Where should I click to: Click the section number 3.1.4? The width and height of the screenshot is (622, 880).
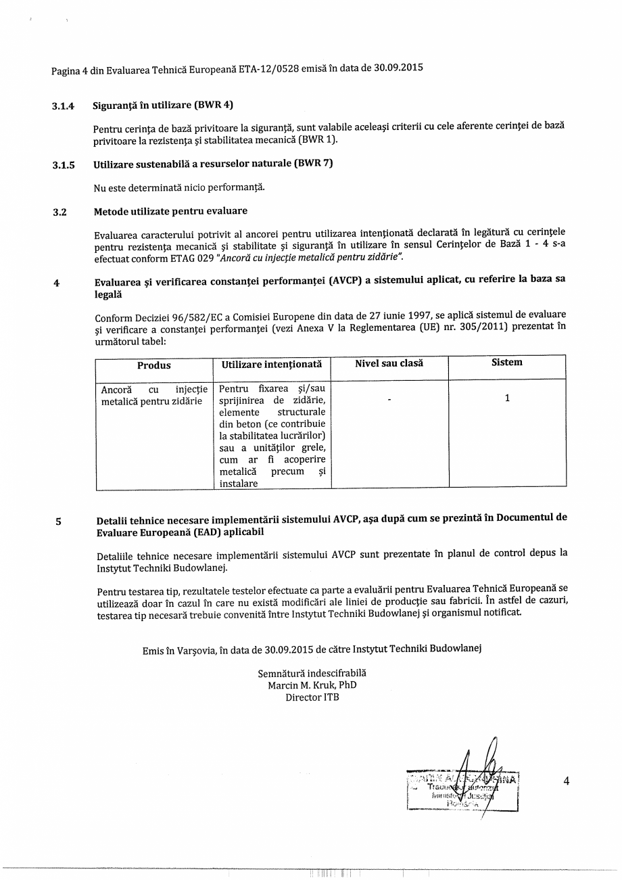pos(64,106)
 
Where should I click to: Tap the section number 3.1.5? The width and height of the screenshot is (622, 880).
pos(64,164)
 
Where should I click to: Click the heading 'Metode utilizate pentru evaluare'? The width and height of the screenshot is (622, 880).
pos(170,212)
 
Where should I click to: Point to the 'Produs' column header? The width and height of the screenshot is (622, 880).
pos(154,365)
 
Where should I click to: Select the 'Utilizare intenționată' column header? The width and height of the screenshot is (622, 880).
pos(271,365)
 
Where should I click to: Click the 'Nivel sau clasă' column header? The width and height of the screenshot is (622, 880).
pos(389,364)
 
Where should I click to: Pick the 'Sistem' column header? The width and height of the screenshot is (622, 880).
pos(506,363)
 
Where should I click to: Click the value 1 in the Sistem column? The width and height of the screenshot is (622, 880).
pos(507,398)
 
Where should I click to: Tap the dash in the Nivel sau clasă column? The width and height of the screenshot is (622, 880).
pos(389,400)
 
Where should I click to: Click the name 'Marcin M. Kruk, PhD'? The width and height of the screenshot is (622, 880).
pos(312,685)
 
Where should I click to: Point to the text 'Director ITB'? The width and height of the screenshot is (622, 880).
pos(312,697)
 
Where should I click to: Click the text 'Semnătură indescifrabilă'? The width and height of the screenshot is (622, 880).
pos(312,674)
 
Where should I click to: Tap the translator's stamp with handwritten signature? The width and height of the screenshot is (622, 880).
pos(463,787)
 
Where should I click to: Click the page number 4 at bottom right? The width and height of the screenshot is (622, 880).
pos(567,781)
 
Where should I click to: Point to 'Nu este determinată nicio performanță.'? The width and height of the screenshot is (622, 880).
pos(179,187)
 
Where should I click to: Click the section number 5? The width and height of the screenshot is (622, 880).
pos(58,522)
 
